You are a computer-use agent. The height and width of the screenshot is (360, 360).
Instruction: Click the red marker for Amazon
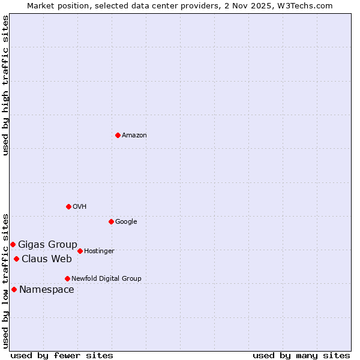(x=118, y=135)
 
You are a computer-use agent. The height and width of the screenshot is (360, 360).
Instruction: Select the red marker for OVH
(x=68, y=206)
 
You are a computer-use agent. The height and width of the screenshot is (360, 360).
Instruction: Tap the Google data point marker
(x=111, y=221)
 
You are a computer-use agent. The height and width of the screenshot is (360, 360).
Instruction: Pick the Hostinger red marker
(x=80, y=251)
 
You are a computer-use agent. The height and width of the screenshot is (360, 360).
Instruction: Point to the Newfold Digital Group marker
(x=67, y=278)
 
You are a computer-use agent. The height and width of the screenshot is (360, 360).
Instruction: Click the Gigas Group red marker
(x=13, y=244)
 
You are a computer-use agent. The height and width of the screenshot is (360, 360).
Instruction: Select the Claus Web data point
(x=16, y=259)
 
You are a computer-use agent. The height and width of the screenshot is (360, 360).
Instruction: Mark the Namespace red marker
(x=14, y=289)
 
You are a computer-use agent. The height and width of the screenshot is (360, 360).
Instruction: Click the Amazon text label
(x=134, y=136)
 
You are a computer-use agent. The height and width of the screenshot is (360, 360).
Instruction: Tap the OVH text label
(x=80, y=207)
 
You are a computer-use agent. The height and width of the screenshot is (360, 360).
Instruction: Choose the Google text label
(x=126, y=222)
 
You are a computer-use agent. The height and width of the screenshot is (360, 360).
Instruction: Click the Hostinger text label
(x=99, y=251)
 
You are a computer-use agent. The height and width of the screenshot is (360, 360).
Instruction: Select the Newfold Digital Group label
(x=106, y=278)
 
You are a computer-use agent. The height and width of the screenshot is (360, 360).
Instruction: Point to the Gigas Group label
(x=47, y=244)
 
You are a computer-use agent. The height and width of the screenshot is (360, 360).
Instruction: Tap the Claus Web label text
(x=47, y=259)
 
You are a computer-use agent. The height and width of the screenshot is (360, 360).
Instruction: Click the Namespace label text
(x=47, y=290)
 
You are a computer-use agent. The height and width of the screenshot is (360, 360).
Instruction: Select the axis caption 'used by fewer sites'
(x=62, y=355)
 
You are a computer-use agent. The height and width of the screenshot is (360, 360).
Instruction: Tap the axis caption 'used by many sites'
(x=301, y=355)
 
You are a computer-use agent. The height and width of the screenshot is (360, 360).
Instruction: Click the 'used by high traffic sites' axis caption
(x=5, y=85)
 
